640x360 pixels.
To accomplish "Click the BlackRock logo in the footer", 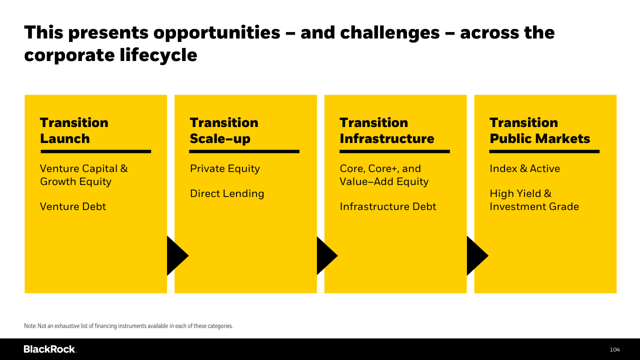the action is [50, 349].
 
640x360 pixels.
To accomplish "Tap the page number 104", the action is [615, 349].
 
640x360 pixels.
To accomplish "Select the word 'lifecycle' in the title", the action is [158, 55].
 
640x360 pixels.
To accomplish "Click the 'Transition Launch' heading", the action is [74, 130].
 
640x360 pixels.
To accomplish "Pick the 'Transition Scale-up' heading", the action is [224, 130].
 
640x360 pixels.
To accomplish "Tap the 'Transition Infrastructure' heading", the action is [387, 130].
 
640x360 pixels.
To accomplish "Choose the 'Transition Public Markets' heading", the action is [539, 130].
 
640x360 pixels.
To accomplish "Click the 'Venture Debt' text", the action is [73, 206].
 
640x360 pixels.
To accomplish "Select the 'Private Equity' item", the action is [225, 169].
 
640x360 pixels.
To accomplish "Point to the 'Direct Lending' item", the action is [227, 194].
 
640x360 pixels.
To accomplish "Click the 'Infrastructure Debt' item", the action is [388, 206].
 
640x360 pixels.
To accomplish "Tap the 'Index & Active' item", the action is [525, 168].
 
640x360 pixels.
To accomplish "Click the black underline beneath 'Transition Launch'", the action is [95, 151].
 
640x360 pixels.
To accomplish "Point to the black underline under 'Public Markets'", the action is [544, 151].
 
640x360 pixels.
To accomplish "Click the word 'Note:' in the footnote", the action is [30, 325].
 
